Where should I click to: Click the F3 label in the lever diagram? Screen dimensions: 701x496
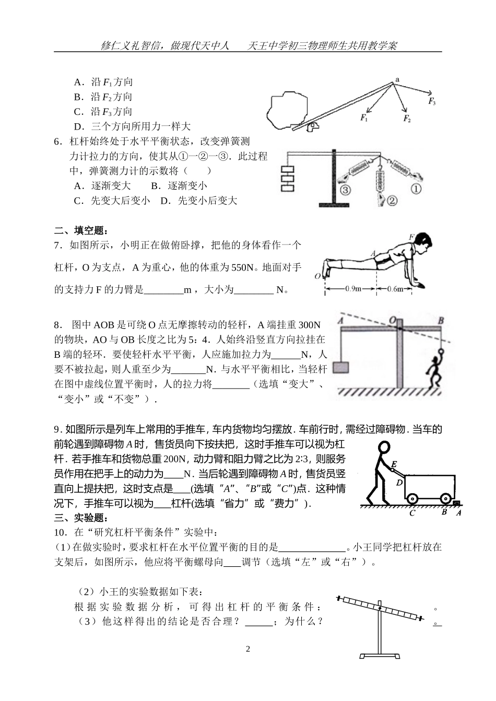(x=432, y=101)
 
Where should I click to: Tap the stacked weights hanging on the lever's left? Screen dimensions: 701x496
(x=288, y=179)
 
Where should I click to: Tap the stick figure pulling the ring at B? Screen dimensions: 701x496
(x=433, y=370)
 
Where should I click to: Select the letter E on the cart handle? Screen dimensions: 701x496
(x=394, y=464)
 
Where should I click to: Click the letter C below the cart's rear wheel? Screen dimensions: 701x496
(x=412, y=513)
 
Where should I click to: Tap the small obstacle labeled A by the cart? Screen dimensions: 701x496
(x=457, y=504)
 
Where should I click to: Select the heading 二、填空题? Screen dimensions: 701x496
(x=81, y=230)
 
